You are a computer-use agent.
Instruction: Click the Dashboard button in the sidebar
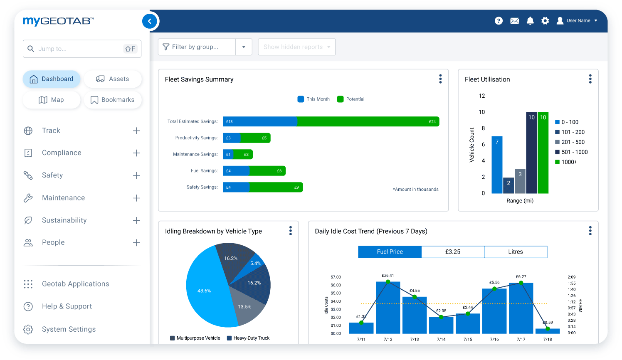(52, 79)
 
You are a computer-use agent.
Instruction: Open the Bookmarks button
(113, 100)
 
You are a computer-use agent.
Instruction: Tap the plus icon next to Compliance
(136, 153)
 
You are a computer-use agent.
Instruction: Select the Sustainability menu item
(64, 220)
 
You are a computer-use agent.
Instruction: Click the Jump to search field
(79, 49)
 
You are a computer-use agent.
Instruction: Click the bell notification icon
(530, 21)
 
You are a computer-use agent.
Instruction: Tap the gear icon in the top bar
(545, 21)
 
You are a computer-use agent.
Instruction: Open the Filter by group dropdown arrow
(244, 47)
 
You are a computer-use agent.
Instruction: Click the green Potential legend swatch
(340, 99)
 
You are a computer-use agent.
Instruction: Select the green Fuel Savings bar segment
(267, 171)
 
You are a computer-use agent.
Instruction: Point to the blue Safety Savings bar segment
(236, 187)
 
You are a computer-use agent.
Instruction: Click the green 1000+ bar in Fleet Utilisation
(543, 154)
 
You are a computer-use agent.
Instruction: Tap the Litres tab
(515, 252)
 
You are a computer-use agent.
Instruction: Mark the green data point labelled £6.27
(521, 283)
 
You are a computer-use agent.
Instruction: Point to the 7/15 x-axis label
(468, 340)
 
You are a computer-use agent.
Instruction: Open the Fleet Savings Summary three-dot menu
(440, 79)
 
